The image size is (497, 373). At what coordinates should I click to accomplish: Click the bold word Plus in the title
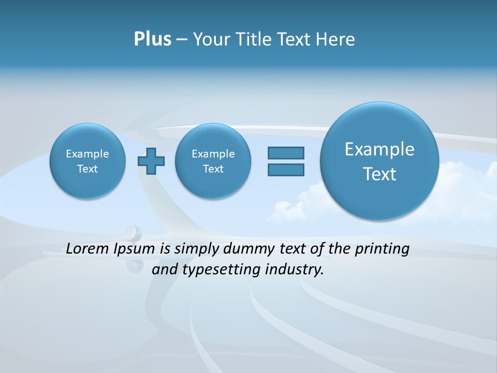coord(152,39)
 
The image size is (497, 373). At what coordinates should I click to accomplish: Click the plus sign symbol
coord(151,161)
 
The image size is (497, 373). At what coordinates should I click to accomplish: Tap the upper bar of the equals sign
coord(286,153)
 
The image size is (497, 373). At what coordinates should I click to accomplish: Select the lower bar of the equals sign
coord(286,169)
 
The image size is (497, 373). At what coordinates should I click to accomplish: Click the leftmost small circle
coord(87,161)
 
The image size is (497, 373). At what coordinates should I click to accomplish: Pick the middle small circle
coord(213,161)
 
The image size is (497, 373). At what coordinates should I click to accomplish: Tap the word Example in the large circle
coord(379,149)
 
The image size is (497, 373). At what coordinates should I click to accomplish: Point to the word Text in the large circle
coord(379,174)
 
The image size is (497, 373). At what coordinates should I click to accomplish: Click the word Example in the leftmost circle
coord(87,154)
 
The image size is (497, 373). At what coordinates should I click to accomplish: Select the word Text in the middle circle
coord(213,169)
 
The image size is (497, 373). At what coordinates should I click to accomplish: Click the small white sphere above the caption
coord(134,232)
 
